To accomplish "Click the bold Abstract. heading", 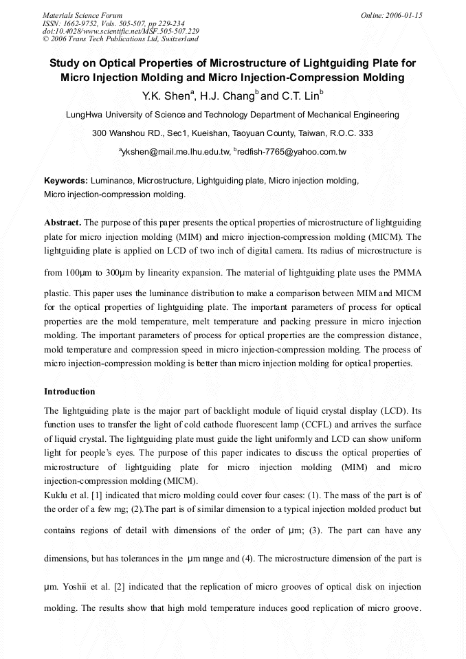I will pyautogui.click(x=63, y=223).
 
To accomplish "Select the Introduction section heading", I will pyautogui.click(x=69, y=392).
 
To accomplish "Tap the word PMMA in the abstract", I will pyautogui.click(x=406, y=272).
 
